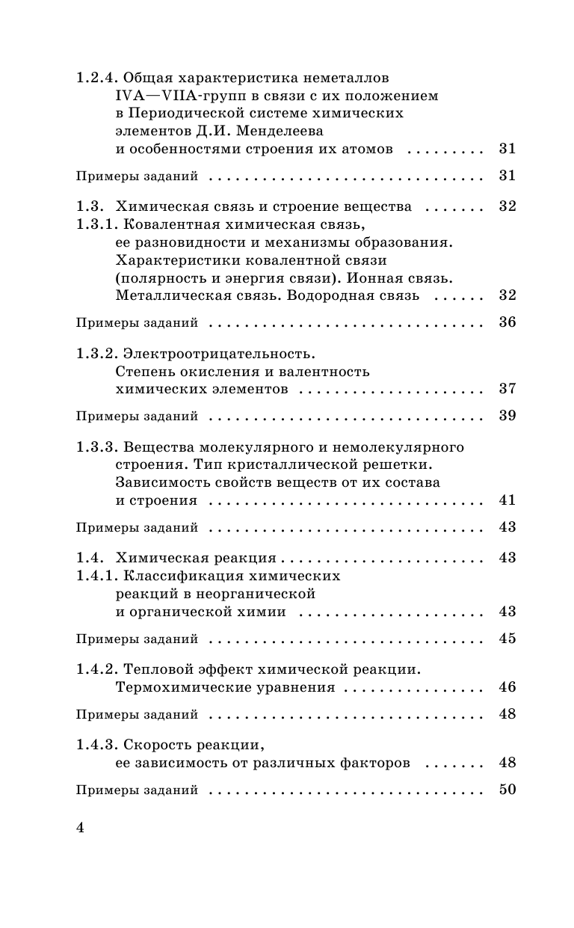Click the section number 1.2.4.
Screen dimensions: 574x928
[x=96, y=78]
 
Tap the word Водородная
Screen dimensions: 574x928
[x=337, y=295]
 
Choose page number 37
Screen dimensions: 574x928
[x=507, y=390]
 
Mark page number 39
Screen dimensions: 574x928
[x=507, y=417]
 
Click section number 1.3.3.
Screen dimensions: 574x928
[x=96, y=447]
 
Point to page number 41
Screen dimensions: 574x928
[x=507, y=500]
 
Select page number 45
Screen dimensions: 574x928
[x=507, y=639]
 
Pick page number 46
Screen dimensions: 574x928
[x=507, y=687]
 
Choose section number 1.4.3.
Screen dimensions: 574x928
[x=96, y=746]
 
